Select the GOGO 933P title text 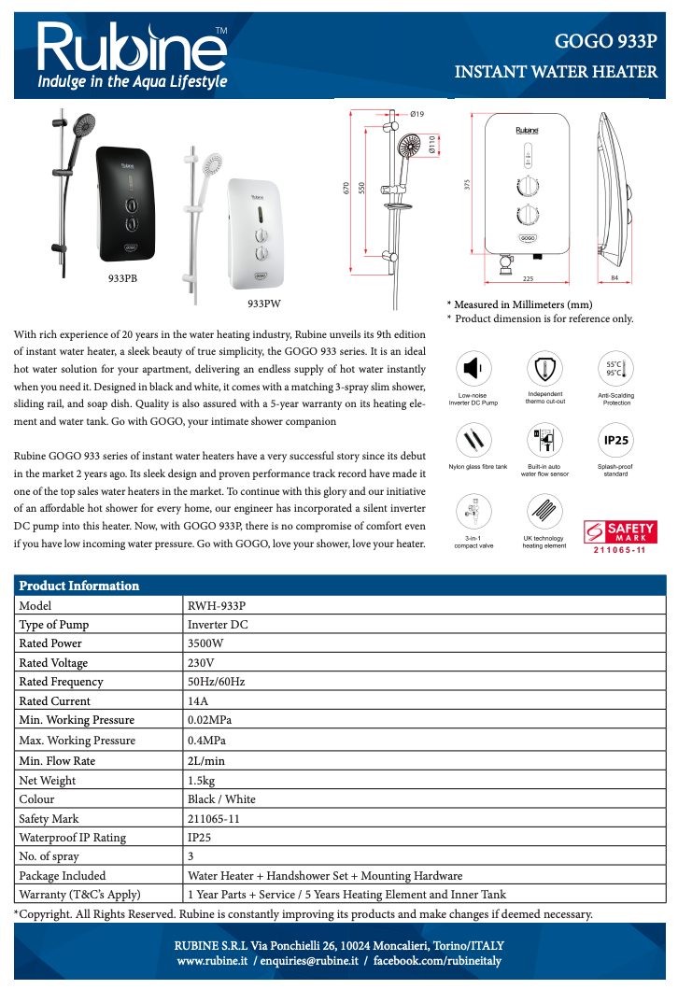click(x=606, y=41)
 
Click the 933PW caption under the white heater click(x=264, y=304)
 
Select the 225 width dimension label click(x=528, y=278)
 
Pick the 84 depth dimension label click(x=614, y=278)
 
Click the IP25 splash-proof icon click(x=614, y=440)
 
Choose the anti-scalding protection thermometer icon click(x=614, y=368)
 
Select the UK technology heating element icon click(x=543, y=513)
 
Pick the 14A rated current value click(x=198, y=701)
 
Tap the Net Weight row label click(x=48, y=780)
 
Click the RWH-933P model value click(x=217, y=605)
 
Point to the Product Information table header click(x=79, y=586)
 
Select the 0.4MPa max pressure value click(x=206, y=741)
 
